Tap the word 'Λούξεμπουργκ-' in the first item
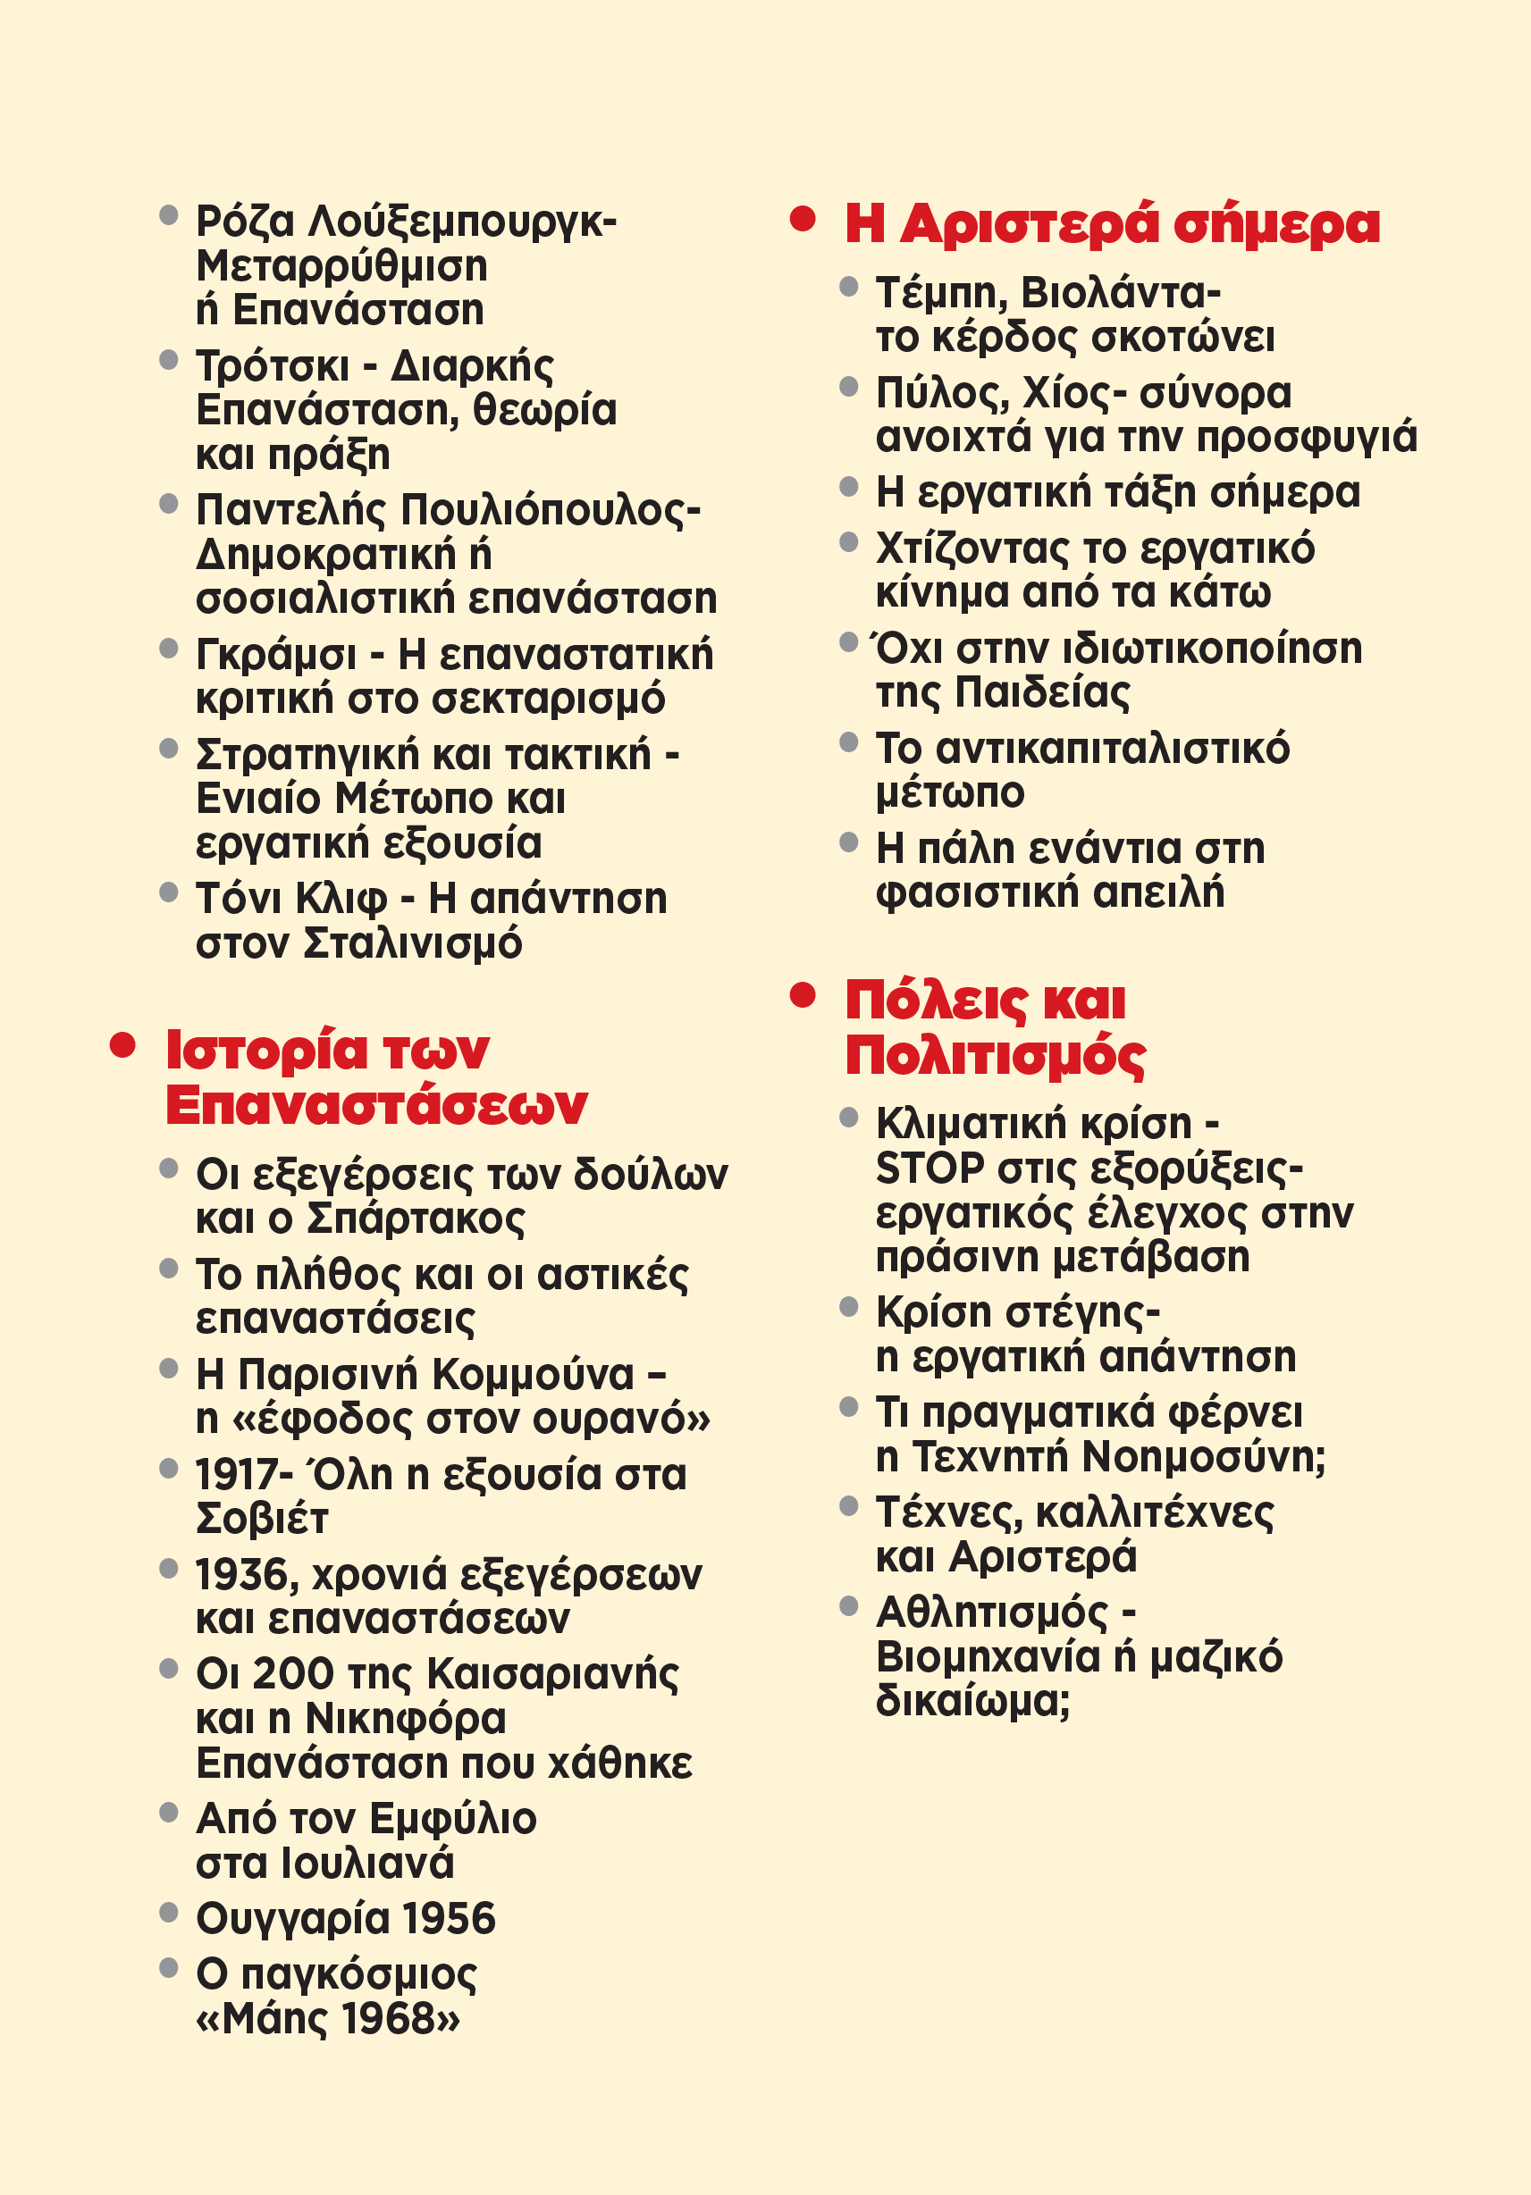(463, 222)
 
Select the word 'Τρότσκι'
(273, 366)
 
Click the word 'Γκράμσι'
(275, 656)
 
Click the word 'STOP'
(930, 1169)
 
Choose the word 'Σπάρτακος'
(415, 1219)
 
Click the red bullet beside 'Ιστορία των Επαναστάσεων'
(122, 1045)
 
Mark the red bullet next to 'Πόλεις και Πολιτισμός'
(803, 996)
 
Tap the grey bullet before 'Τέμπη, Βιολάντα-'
(848, 286)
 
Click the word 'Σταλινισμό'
(413, 944)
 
